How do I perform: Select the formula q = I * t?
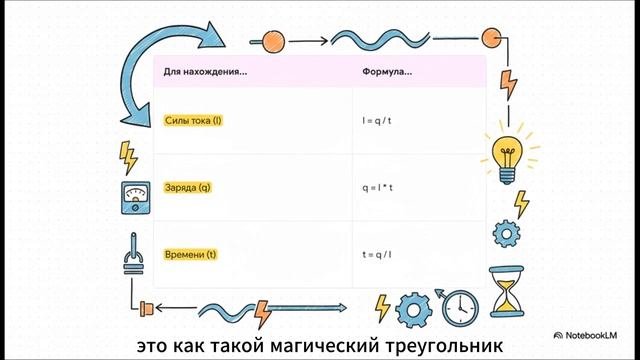379,188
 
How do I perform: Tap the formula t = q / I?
379,255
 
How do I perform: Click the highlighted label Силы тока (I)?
192,121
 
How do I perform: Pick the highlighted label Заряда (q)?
187,188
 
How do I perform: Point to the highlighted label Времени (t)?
190,255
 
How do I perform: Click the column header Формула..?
387,72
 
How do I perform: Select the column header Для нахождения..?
205,72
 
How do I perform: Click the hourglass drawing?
507,291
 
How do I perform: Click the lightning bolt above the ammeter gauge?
129,156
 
